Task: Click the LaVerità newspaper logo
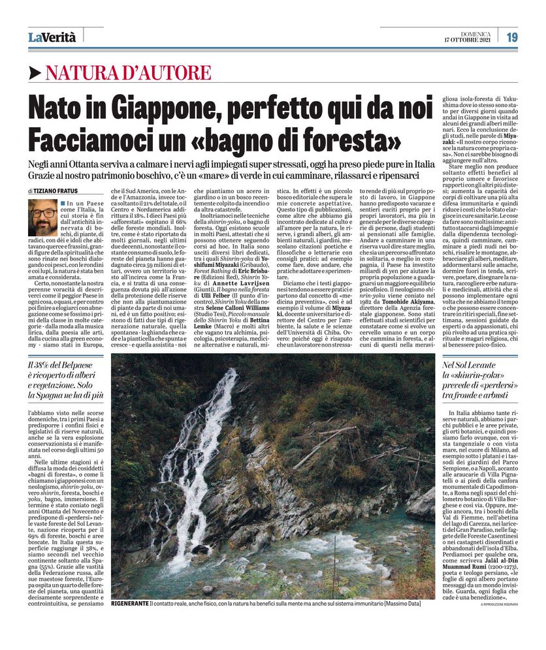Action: [x=52, y=37]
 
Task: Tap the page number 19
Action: [x=512, y=37]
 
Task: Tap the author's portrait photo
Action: [x=42, y=218]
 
